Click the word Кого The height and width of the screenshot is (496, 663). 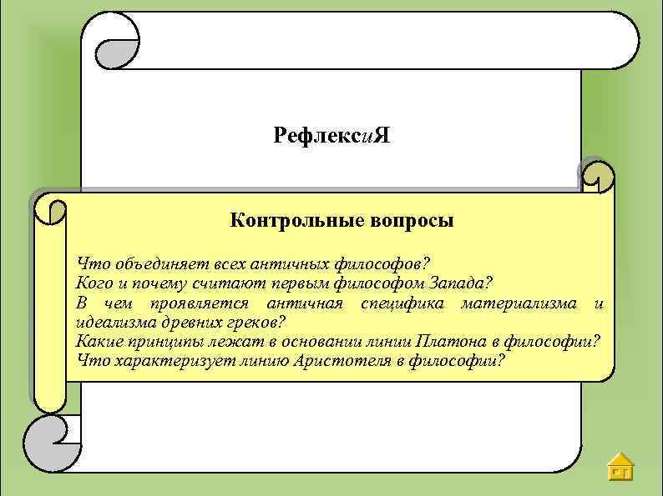(x=93, y=283)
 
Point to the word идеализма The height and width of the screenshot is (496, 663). (x=112, y=322)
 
